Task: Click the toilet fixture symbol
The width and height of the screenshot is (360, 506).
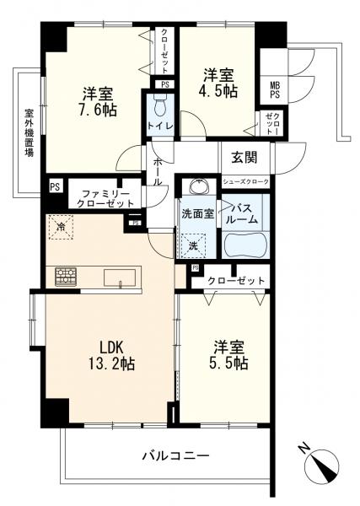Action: [159, 105]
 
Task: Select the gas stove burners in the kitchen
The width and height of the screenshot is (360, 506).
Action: [66, 277]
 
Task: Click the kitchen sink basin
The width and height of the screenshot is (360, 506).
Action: [120, 277]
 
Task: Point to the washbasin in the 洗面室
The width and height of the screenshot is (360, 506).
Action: [199, 186]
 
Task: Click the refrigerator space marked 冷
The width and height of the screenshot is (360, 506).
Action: [61, 227]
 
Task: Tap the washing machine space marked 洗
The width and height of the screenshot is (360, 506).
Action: [193, 245]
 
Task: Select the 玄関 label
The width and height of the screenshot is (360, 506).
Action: [244, 158]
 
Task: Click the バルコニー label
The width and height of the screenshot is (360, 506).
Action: [176, 456]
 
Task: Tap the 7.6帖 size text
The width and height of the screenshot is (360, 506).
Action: [98, 110]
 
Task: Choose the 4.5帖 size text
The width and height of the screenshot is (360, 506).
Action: [218, 91]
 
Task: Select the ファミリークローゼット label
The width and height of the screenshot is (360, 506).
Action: [105, 199]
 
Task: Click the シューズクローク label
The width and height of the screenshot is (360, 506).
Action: [246, 182]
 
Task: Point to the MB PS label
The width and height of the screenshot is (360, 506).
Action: [275, 91]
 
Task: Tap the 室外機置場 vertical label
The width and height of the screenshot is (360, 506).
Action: [30, 133]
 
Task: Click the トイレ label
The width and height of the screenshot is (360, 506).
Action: [160, 126]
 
